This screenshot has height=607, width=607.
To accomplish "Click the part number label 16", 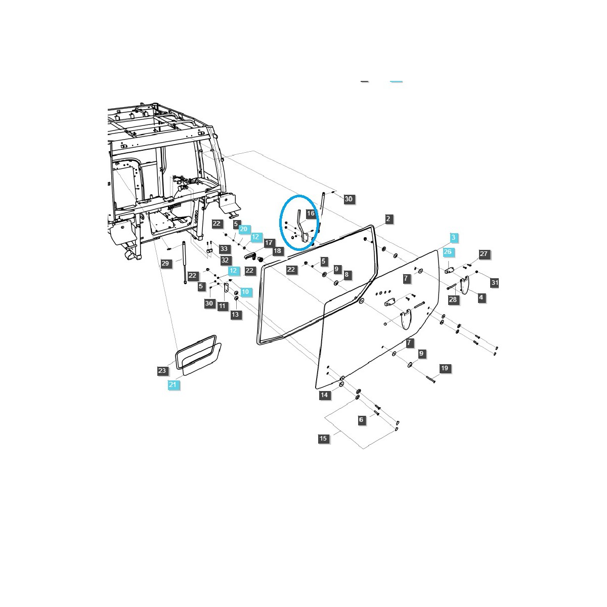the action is [311, 213].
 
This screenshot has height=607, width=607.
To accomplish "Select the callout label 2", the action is [388, 219].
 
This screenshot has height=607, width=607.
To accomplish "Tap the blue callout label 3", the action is [453, 238].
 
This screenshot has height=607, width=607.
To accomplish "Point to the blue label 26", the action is [448, 252].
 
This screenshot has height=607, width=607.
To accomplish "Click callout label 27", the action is [484, 253].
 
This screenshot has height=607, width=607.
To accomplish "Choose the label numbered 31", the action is [495, 283].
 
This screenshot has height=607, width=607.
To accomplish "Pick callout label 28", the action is [453, 299].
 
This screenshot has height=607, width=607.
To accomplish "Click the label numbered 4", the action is [481, 297].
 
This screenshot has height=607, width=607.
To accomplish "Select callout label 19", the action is [445, 368].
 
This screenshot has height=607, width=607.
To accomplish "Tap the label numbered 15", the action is [323, 438].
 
